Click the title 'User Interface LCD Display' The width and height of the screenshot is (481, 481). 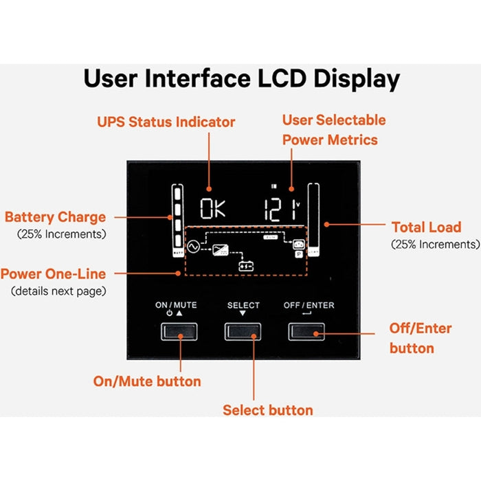pyautogui.click(x=241, y=79)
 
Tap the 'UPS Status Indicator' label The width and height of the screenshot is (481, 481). pyautogui.click(x=165, y=122)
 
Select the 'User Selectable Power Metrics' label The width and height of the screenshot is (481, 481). pyautogui.click(x=334, y=130)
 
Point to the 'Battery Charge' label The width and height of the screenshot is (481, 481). pyautogui.click(x=55, y=217)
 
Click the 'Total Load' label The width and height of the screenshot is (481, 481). pyautogui.click(x=426, y=227)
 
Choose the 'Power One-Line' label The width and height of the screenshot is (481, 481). pyautogui.click(x=53, y=274)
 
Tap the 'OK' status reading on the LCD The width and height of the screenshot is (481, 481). pyautogui.click(x=212, y=208)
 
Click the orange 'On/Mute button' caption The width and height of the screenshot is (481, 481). pyautogui.click(x=147, y=381)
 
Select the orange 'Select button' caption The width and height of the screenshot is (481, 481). pyautogui.click(x=267, y=410)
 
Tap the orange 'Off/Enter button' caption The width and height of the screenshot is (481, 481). pyautogui.click(x=421, y=338)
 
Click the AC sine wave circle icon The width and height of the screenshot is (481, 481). pyautogui.click(x=193, y=244)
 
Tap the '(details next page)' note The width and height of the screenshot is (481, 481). pyautogui.click(x=58, y=291)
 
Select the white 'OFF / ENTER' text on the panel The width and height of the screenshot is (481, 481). pyautogui.click(x=309, y=305)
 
